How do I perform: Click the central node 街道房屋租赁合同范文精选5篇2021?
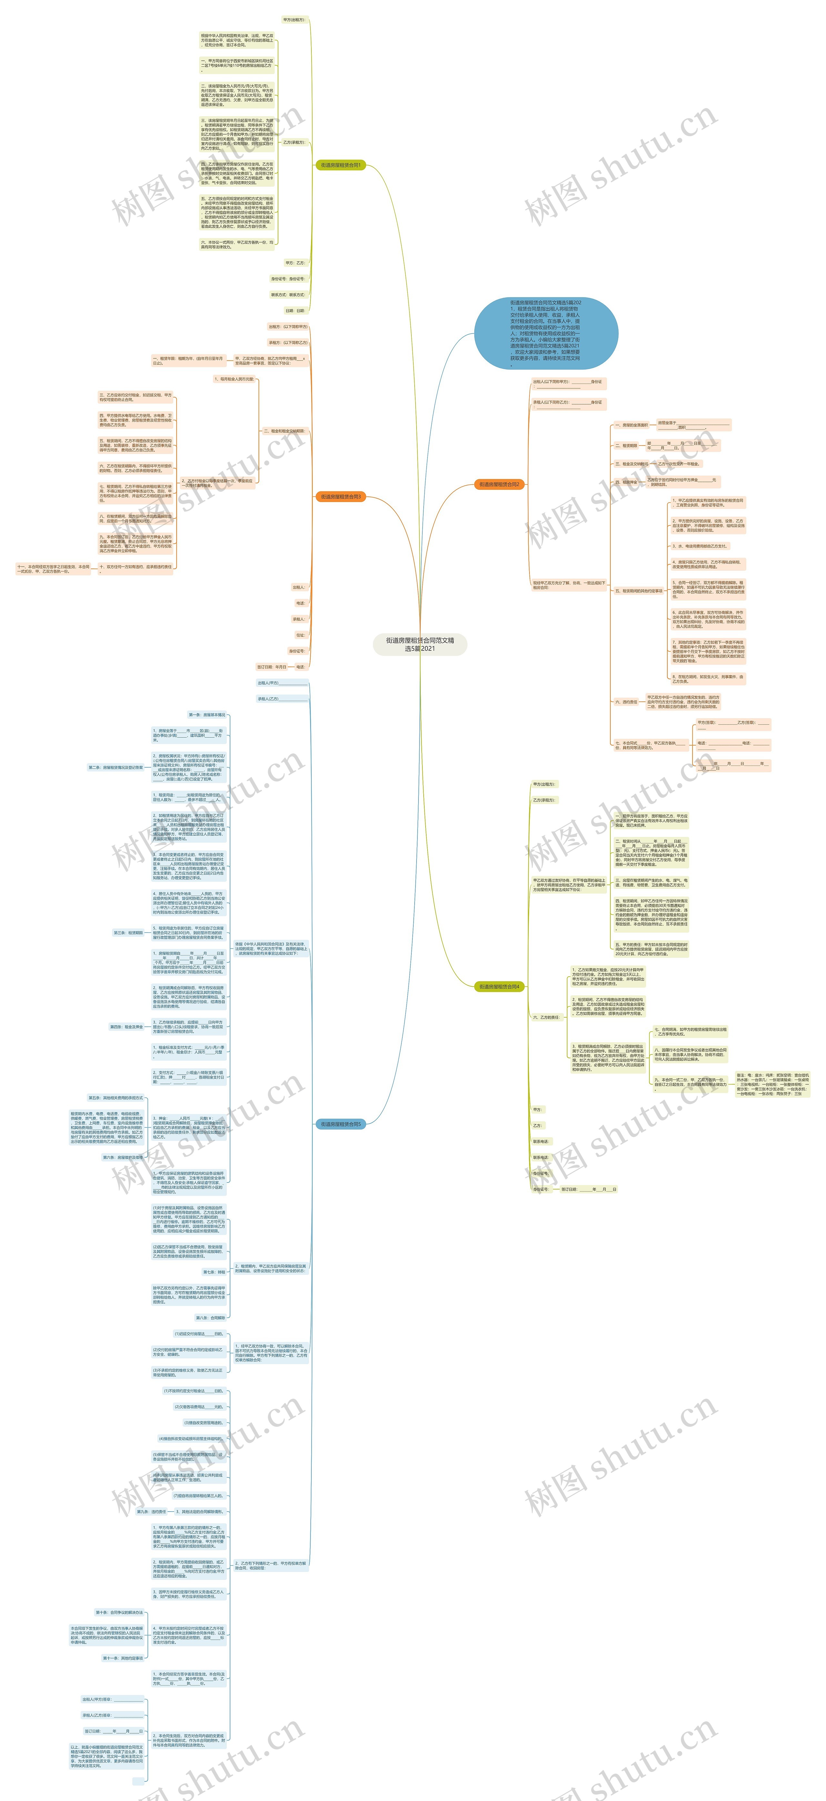click(x=420, y=644)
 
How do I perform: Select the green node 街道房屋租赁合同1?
click(x=341, y=165)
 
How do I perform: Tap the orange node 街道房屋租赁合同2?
click(x=499, y=484)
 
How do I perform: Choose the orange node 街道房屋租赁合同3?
click(x=341, y=497)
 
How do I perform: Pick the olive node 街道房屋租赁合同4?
click(x=499, y=987)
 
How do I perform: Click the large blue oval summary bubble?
click(x=546, y=333)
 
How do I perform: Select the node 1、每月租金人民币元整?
click(x=234, y=379)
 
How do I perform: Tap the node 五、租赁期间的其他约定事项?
click(x=638, y=591)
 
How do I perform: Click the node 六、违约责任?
click(x=626, y=702)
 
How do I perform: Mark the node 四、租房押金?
click(x=626, y=482)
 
